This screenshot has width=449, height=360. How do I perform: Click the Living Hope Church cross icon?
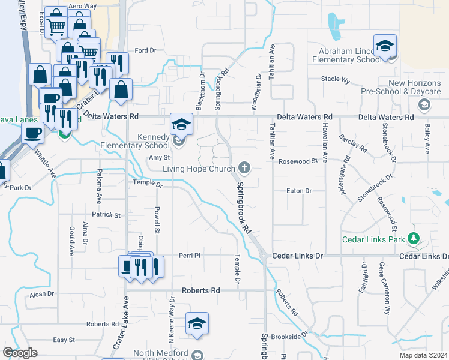244,167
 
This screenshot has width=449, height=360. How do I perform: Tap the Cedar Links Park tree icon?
413,238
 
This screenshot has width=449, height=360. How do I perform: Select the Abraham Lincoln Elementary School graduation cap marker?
384,45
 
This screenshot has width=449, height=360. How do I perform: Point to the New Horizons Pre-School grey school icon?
425,105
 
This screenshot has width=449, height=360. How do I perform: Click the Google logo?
20,353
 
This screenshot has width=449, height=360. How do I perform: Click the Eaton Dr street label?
300,191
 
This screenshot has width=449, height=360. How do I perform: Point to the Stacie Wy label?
336,79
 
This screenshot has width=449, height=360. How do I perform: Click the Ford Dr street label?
145,50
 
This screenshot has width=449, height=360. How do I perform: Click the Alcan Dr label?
42,295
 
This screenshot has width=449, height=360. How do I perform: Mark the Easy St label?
64,340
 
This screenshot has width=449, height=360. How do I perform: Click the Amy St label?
155,158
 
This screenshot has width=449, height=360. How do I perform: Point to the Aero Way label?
83,6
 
